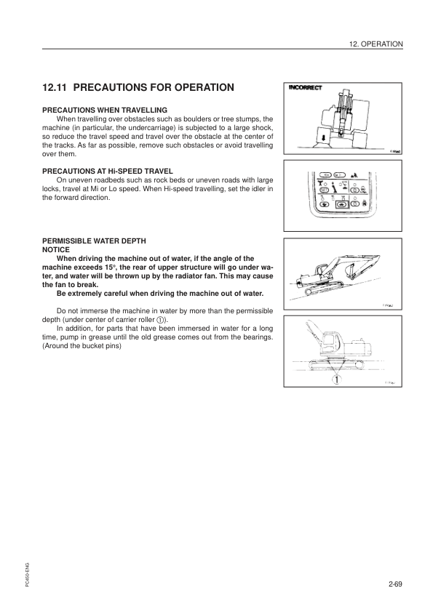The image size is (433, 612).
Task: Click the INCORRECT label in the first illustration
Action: point(308,89)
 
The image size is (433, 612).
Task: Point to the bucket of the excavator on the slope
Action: point(351,272)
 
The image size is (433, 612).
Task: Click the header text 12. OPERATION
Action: point(376,44)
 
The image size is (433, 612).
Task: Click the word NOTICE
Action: point(56,249)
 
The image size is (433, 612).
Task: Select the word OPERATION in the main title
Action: point(196,88)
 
